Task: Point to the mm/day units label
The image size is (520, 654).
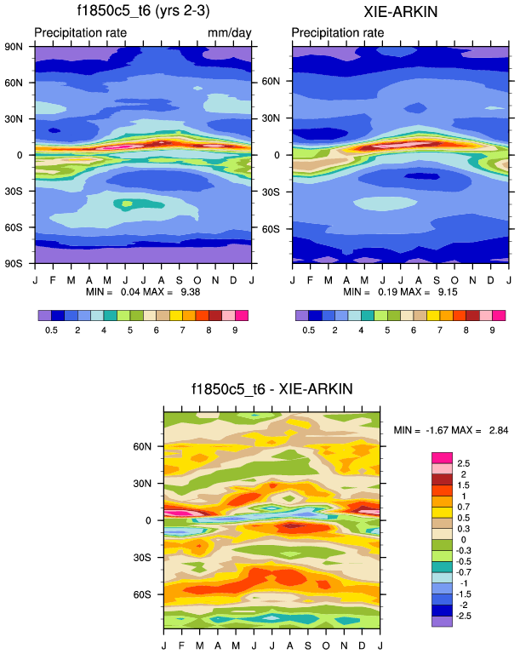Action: tap(228, 33)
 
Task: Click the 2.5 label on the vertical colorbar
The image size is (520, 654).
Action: tap(464, 462)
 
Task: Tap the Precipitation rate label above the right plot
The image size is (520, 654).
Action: tap(337, 33)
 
